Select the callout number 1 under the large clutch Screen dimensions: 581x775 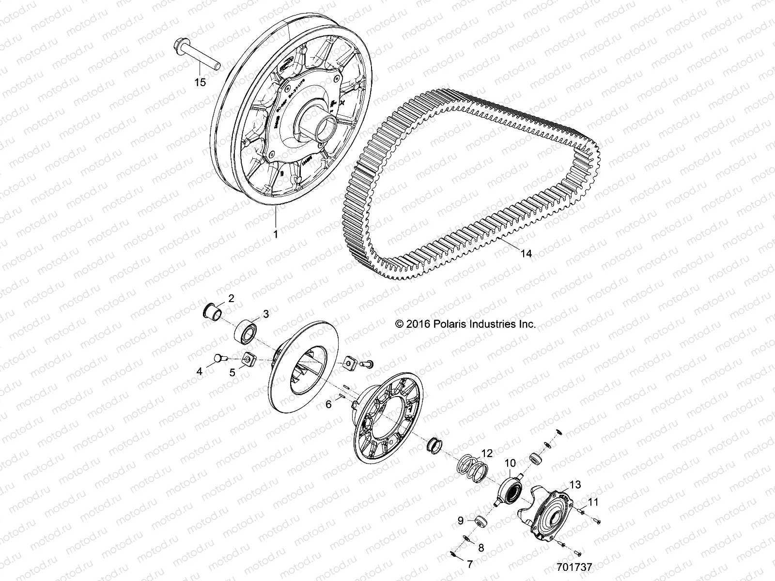[276, 235]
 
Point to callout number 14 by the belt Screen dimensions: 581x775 [526, 253]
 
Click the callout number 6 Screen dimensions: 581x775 [328, 404]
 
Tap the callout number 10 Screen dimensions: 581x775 [511, 463]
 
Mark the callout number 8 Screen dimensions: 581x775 [481, 548]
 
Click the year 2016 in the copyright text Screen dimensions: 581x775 [417, 324]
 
